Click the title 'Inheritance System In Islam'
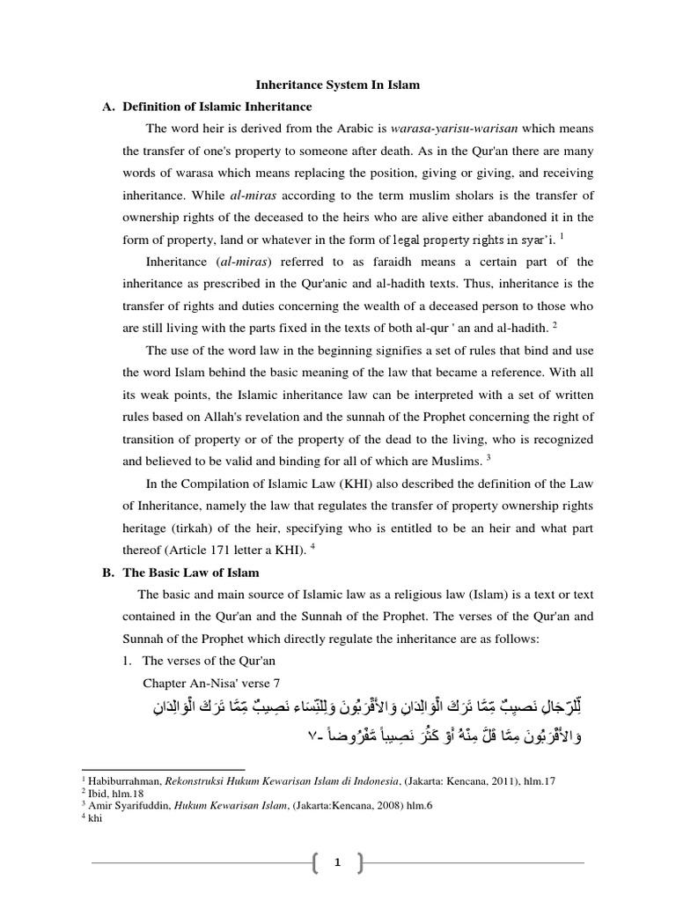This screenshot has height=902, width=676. click(x=338, y=85)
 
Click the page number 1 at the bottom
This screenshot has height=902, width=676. click(x=336, y=863)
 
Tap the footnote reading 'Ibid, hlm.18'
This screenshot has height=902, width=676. click(x=129, y=793)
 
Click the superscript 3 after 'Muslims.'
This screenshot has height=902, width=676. click(x=489, y=456)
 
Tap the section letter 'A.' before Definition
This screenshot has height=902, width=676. click(x=110, y=107)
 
